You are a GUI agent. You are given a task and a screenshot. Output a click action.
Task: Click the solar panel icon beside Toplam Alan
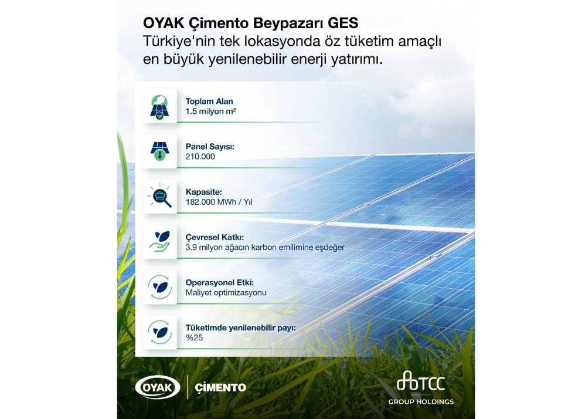159,106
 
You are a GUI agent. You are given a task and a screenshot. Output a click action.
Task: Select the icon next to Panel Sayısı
159,151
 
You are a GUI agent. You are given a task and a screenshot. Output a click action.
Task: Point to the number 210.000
200,157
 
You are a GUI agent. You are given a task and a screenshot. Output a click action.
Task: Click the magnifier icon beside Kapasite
159,196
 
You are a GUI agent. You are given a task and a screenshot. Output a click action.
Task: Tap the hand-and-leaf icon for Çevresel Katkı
159,241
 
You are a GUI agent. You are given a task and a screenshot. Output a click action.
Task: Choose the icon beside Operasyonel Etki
159,287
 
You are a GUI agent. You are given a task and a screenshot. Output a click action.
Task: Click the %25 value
194,337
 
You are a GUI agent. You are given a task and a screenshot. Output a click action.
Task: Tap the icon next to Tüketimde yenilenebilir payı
159,332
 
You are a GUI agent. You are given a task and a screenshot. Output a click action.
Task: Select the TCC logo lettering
421,384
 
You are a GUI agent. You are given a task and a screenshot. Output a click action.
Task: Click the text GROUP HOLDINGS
421,402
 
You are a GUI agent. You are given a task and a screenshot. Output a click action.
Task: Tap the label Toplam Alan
209,101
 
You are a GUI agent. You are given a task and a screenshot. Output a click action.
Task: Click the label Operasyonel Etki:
215,282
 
